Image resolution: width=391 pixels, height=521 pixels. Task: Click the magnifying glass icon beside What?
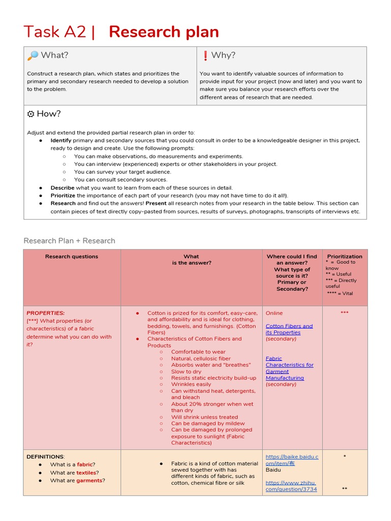click(33, 55)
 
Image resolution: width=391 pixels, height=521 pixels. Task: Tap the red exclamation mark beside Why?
click(205, 55)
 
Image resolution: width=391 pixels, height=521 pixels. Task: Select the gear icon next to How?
click(31, 114)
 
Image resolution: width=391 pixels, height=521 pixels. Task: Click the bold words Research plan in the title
click(164, 32)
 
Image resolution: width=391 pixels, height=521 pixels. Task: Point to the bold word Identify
click(61, 140)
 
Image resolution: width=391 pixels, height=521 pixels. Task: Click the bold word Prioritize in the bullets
click(63, 195)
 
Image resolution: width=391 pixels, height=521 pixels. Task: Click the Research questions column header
click(72, 256)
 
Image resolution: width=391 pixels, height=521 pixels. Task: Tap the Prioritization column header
click(345, 256)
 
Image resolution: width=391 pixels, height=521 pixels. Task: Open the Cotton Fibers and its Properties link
click(289, 329)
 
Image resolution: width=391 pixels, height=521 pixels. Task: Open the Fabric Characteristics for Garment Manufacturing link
click(289, 368)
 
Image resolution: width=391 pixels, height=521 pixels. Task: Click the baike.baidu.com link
click(292, 460)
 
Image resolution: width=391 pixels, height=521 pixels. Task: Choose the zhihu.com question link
click(291, 486)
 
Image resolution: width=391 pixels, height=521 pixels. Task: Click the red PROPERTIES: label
click(45, 313)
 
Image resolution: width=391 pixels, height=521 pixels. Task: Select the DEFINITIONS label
click(45, 457)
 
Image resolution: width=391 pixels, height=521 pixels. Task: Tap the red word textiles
click(86, 473)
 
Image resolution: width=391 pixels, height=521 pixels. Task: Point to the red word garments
click(89, 480)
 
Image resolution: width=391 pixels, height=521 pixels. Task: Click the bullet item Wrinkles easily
click(191, 385)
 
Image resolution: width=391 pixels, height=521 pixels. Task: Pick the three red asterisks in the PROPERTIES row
click(345, 313)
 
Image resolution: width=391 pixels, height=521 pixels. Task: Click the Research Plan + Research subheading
click(69, 241)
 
